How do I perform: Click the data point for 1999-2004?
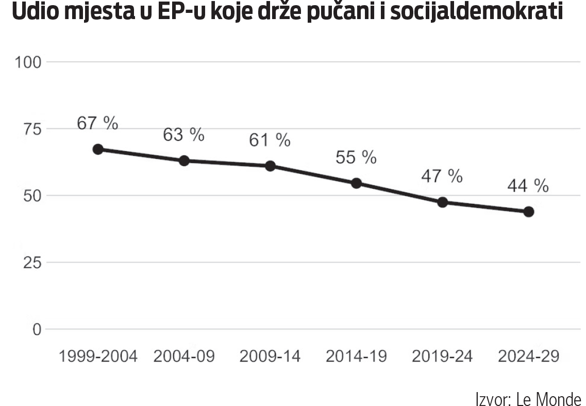98,150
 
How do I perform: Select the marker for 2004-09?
184,160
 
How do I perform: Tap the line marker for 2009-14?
270,166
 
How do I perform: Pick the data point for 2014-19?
356,183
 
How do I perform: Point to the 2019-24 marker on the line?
442,202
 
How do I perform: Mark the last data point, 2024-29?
528,212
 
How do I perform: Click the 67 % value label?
98,124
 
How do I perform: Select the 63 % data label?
184,135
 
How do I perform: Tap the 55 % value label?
356,157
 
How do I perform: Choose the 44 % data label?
528,186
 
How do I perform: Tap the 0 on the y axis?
36,329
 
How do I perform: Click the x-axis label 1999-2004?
98,356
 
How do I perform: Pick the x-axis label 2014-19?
356,356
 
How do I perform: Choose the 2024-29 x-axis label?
528,356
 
